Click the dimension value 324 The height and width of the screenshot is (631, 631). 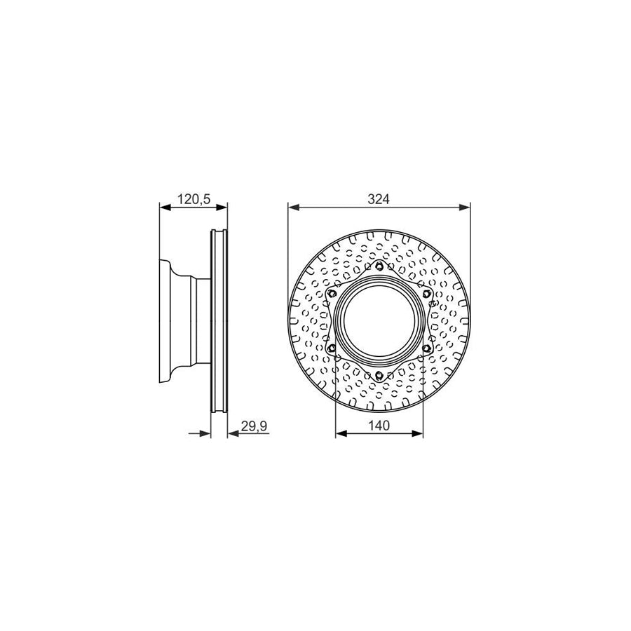379,199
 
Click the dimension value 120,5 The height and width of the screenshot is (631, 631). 194,199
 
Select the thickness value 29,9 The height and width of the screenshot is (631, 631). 253,426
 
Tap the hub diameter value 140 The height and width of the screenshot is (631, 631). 379,426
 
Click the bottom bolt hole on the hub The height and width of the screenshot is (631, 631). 379,376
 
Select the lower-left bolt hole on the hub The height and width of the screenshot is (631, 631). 332,348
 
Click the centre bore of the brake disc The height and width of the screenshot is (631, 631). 379,321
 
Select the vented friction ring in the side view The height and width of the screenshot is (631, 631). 219,321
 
